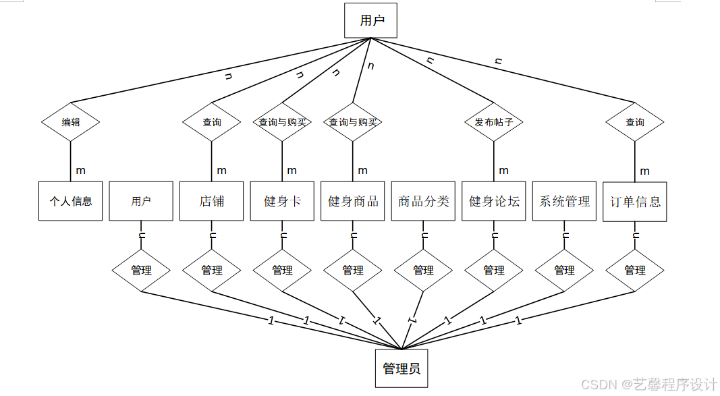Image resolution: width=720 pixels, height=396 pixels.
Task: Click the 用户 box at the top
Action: click(370, 21)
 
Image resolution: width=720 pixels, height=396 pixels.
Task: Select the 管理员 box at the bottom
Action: click(401, 368)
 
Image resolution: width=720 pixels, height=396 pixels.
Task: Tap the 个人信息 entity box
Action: click(71, 201)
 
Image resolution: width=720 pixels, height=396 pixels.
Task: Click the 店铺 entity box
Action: click(212, 201)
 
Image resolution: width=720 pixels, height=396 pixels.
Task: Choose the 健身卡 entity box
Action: click(282, 201)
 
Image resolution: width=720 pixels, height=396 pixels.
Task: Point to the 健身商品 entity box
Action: click(353, 201)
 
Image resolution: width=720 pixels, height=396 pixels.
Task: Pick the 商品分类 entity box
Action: click(423, 201)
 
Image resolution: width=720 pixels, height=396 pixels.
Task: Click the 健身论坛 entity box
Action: click(494, 201)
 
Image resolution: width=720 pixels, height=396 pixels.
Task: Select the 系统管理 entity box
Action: click(565, 201)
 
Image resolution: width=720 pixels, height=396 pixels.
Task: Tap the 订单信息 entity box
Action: click(635, 201)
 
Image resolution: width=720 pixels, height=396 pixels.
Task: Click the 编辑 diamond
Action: click(71, 122)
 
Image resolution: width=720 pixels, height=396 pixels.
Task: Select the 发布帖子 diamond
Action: click(494, 122)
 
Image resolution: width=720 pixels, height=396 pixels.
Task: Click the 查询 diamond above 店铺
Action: click(212, 122)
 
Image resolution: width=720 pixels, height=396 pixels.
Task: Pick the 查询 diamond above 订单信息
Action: click(635, 122)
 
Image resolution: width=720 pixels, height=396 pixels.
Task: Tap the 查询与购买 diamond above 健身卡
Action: click(282, 122)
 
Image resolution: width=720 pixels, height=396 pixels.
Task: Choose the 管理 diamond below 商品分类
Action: click(423, 270)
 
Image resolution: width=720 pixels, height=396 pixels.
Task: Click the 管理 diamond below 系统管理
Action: click(565, 270)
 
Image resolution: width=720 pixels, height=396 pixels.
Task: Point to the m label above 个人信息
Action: click(80, 171)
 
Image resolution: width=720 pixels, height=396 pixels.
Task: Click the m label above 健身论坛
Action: click(503, 171)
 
